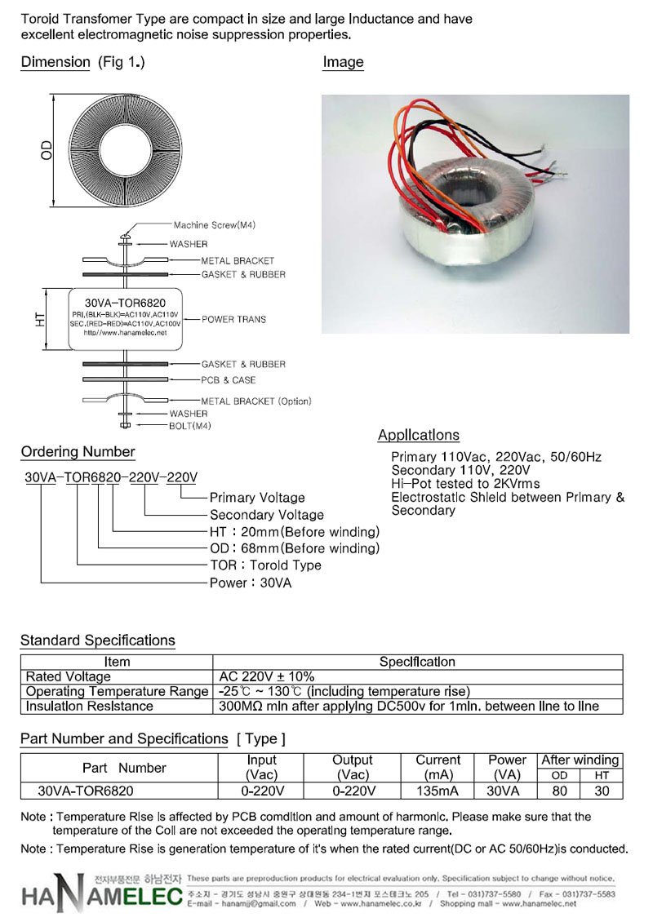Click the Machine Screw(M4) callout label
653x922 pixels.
click(214, 225)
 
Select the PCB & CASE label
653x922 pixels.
click(229, 380)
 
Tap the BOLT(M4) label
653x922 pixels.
click(189, 426)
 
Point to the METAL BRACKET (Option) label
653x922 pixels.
click(256, 401)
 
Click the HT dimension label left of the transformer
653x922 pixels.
click(39, 320)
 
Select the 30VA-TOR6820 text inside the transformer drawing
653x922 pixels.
click(126, 304)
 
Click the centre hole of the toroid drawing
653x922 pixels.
click(125, 150)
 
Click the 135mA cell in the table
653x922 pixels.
click(437, 791)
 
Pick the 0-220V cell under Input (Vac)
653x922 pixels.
click(262, 791)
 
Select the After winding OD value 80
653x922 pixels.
click(559, 791)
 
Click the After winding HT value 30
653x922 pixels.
click(602, 791)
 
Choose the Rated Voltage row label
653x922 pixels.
click(69, 676)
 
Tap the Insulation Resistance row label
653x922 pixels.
click(90, 707)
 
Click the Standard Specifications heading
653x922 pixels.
click(98, 641)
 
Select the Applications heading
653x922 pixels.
click(418, 435)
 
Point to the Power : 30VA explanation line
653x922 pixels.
click(251, 583)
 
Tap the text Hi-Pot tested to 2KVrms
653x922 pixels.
click(465, 484)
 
